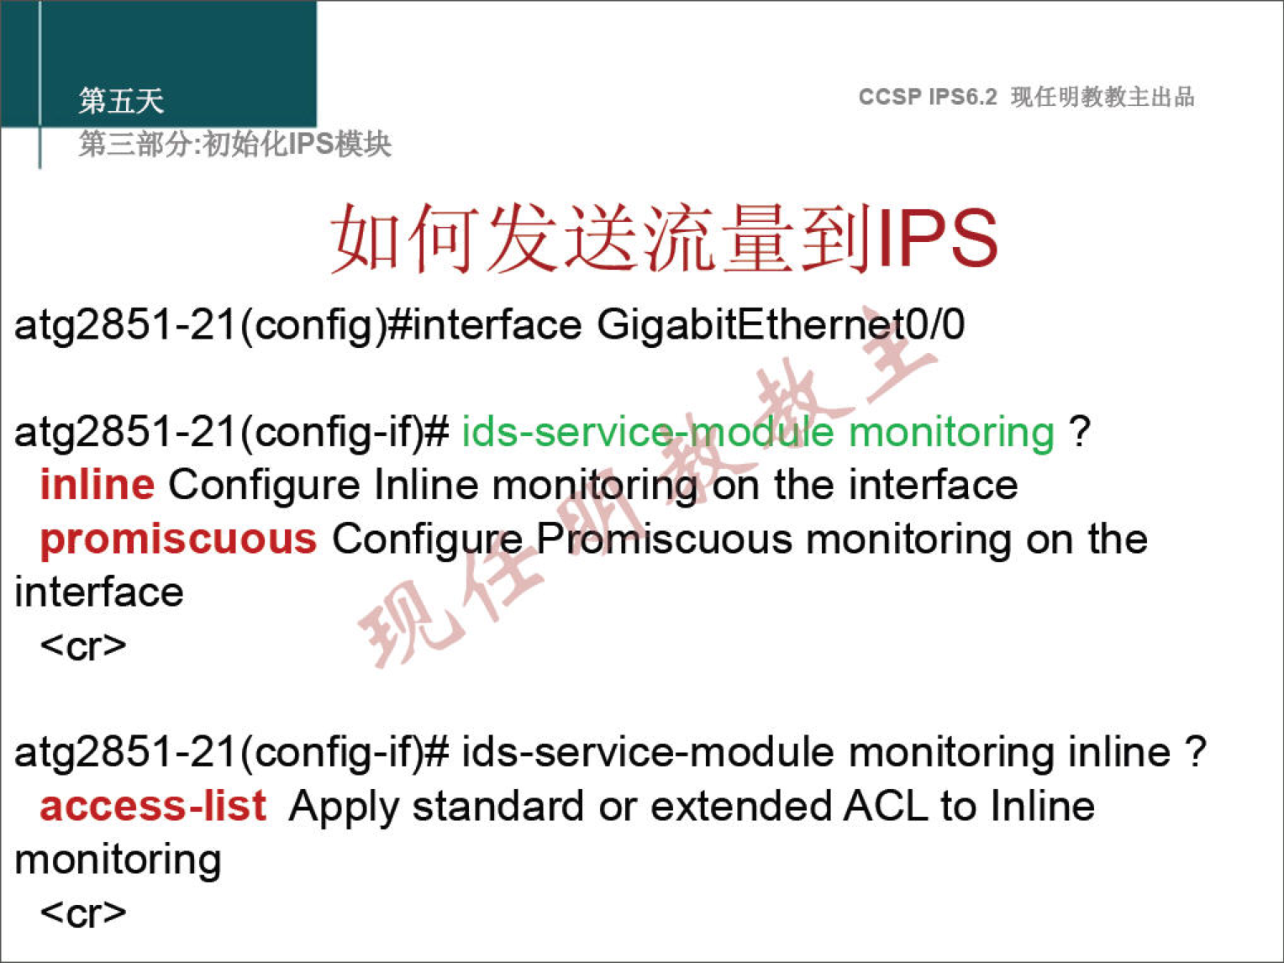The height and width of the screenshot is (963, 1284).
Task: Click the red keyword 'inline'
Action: pos(97,486)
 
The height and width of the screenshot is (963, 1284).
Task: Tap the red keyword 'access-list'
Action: pos(153,806)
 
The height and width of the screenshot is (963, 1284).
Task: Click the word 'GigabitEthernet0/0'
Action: pos(781,326)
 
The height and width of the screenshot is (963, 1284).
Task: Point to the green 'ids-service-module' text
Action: pos(648,432)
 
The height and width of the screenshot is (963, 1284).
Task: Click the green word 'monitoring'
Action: pos(952,434)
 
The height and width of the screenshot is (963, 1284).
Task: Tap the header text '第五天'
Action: pos(121,101)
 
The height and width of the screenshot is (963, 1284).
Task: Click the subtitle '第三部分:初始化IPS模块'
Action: pos(234,144)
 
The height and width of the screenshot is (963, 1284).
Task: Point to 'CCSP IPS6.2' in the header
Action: pos(927,97)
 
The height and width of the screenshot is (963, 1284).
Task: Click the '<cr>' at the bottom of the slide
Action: pos(83,913)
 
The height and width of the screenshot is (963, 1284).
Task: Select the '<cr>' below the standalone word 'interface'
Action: pos(83,646)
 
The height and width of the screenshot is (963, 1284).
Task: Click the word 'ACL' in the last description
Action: pos(887,806)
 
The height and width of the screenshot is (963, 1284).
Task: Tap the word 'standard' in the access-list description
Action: pos(497,806)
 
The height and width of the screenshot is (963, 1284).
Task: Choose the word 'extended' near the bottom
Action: pos(740,806)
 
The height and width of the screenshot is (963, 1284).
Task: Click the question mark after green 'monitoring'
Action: pos(1080,432)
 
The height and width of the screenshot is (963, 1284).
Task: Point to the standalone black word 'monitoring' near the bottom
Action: pos(118,861)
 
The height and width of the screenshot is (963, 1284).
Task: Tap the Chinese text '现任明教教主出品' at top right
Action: pos(1102,97)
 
